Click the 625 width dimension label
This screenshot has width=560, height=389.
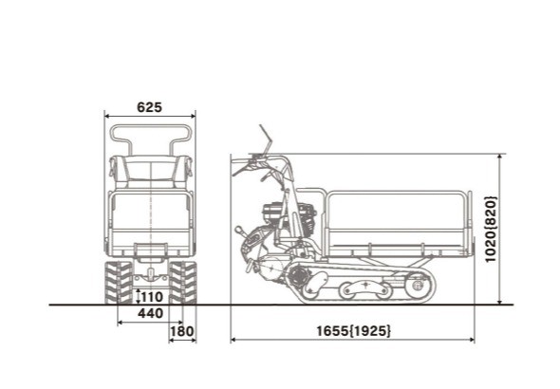coord(149,107)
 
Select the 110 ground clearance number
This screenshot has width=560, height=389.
coord(150,296)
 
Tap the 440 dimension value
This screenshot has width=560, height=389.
coord(150,313)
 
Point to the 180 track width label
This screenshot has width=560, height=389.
coord(181,331)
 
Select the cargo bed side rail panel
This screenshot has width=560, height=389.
coord(399,218)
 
